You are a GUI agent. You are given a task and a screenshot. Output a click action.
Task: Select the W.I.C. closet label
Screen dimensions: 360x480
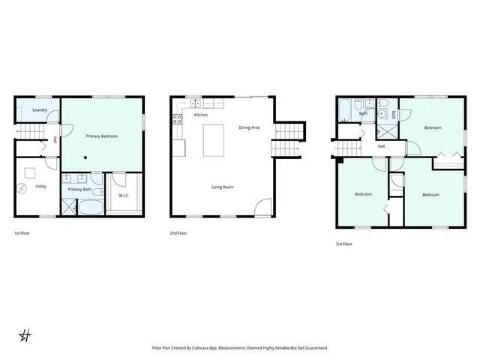(x=124, y=196)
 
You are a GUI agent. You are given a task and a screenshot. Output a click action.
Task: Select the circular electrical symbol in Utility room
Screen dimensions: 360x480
(x=22, y=187)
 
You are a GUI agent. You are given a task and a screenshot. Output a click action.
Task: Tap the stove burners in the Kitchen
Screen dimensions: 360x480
(x=178, y=118)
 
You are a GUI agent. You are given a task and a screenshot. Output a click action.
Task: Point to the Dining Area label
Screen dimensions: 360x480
(x=249, y=128)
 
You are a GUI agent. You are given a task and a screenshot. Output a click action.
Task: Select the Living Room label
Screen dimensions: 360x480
(x=222, y=187)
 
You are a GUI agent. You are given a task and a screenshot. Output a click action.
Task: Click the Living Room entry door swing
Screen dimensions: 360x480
(x=262, y=208)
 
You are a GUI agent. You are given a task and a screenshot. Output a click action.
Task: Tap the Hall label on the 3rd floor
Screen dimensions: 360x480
(x=381, y=146)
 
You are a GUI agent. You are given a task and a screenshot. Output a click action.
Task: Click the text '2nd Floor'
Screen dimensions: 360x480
(x=178, y=233)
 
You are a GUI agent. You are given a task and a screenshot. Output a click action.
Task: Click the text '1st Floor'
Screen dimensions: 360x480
(x=22, y=233)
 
